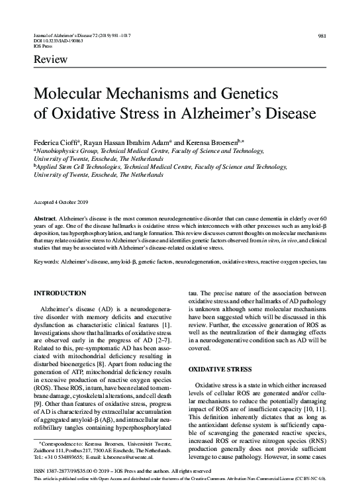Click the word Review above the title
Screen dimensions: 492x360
pyautogui.click(x=48, y=61)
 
